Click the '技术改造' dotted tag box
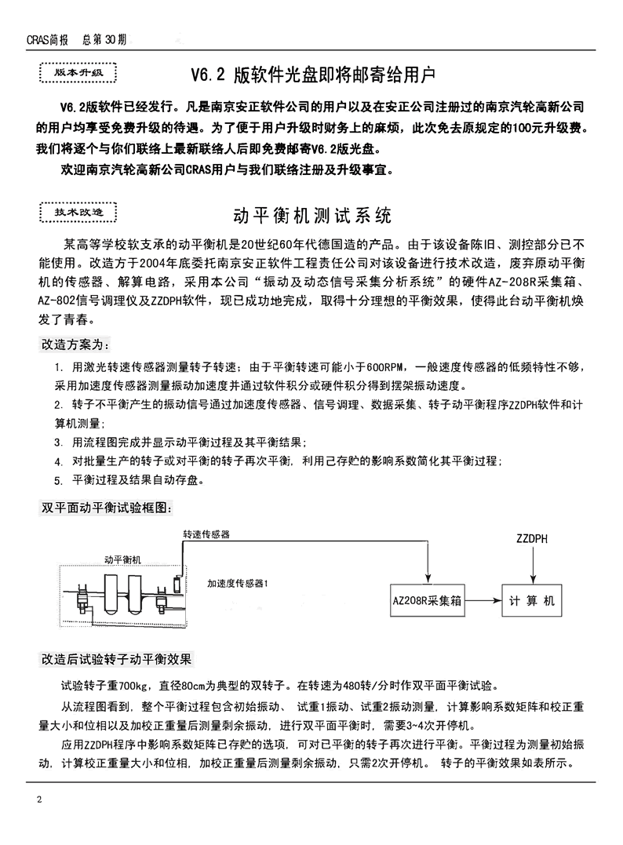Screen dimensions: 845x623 76,213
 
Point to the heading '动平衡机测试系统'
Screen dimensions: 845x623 312,215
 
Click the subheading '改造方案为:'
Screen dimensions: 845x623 75,344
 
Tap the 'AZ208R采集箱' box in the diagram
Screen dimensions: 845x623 428,601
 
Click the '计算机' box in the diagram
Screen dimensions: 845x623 531,601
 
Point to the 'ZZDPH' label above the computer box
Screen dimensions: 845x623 533,541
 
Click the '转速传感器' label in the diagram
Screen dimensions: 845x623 206,535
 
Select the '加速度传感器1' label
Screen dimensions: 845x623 239,584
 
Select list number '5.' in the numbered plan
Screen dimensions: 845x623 59,481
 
